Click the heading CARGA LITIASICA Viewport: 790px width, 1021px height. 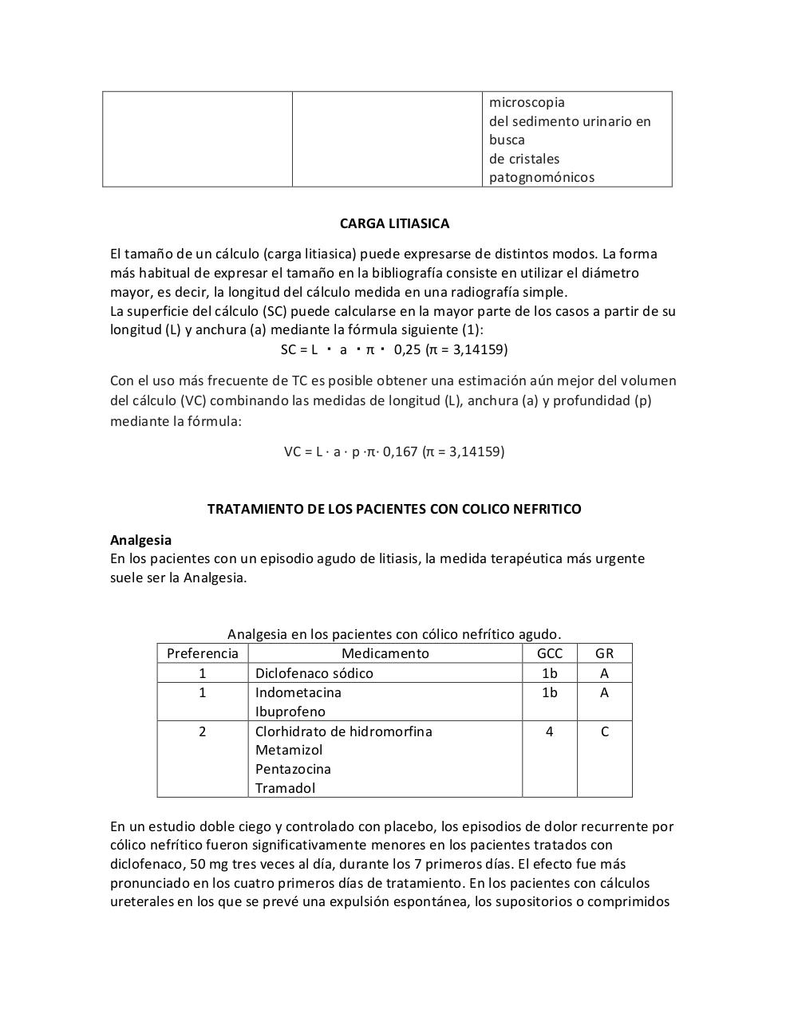[394, 223]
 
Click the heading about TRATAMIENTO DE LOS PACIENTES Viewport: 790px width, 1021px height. [394, 509]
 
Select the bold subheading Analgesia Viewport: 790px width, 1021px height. [140, 540]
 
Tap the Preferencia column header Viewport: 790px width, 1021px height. [203, 653]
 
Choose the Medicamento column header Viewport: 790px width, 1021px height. [385, 653]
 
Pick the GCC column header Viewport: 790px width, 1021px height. [549, 653]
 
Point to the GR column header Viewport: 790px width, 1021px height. [604, 653]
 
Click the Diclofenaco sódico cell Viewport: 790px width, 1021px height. [314, 673]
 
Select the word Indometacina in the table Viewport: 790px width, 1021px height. [298, 692]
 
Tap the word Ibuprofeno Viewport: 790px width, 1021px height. [290, 712]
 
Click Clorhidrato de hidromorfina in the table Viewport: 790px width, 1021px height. [343, 731]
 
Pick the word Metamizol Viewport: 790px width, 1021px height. [289, 750]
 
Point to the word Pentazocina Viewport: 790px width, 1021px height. [293, 769]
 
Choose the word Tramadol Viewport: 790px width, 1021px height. [285, 788]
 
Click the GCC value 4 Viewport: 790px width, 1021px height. [549, 731]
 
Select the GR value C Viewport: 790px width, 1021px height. [604, 731]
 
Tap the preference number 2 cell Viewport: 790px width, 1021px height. [203, 731]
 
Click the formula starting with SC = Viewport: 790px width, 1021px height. [394, 349]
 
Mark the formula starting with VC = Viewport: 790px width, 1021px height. [394, 451]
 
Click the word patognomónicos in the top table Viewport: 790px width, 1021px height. [541, 177]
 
